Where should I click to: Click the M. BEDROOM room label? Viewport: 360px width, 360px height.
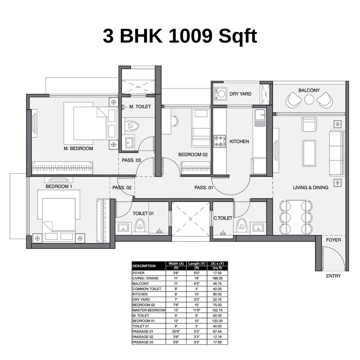pos(78,148)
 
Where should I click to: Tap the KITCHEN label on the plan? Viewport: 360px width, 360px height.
pos(239,141)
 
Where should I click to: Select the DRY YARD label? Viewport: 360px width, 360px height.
pos(240,94)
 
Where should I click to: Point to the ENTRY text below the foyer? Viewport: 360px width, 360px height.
pos(333,276)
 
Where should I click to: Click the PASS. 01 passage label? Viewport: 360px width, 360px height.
pos(204,188)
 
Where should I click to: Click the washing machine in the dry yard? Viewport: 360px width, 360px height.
pos(221,94)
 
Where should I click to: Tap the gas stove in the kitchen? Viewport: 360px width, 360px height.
pos(220,141)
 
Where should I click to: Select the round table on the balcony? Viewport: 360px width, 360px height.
pos(309,99)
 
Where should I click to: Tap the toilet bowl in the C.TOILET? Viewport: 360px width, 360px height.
pos(241,224)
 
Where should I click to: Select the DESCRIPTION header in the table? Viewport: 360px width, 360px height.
pos(144,266)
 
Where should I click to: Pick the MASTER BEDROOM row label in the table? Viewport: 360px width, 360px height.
pos(149,310)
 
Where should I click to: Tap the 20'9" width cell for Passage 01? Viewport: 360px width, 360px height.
pos(176,331)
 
